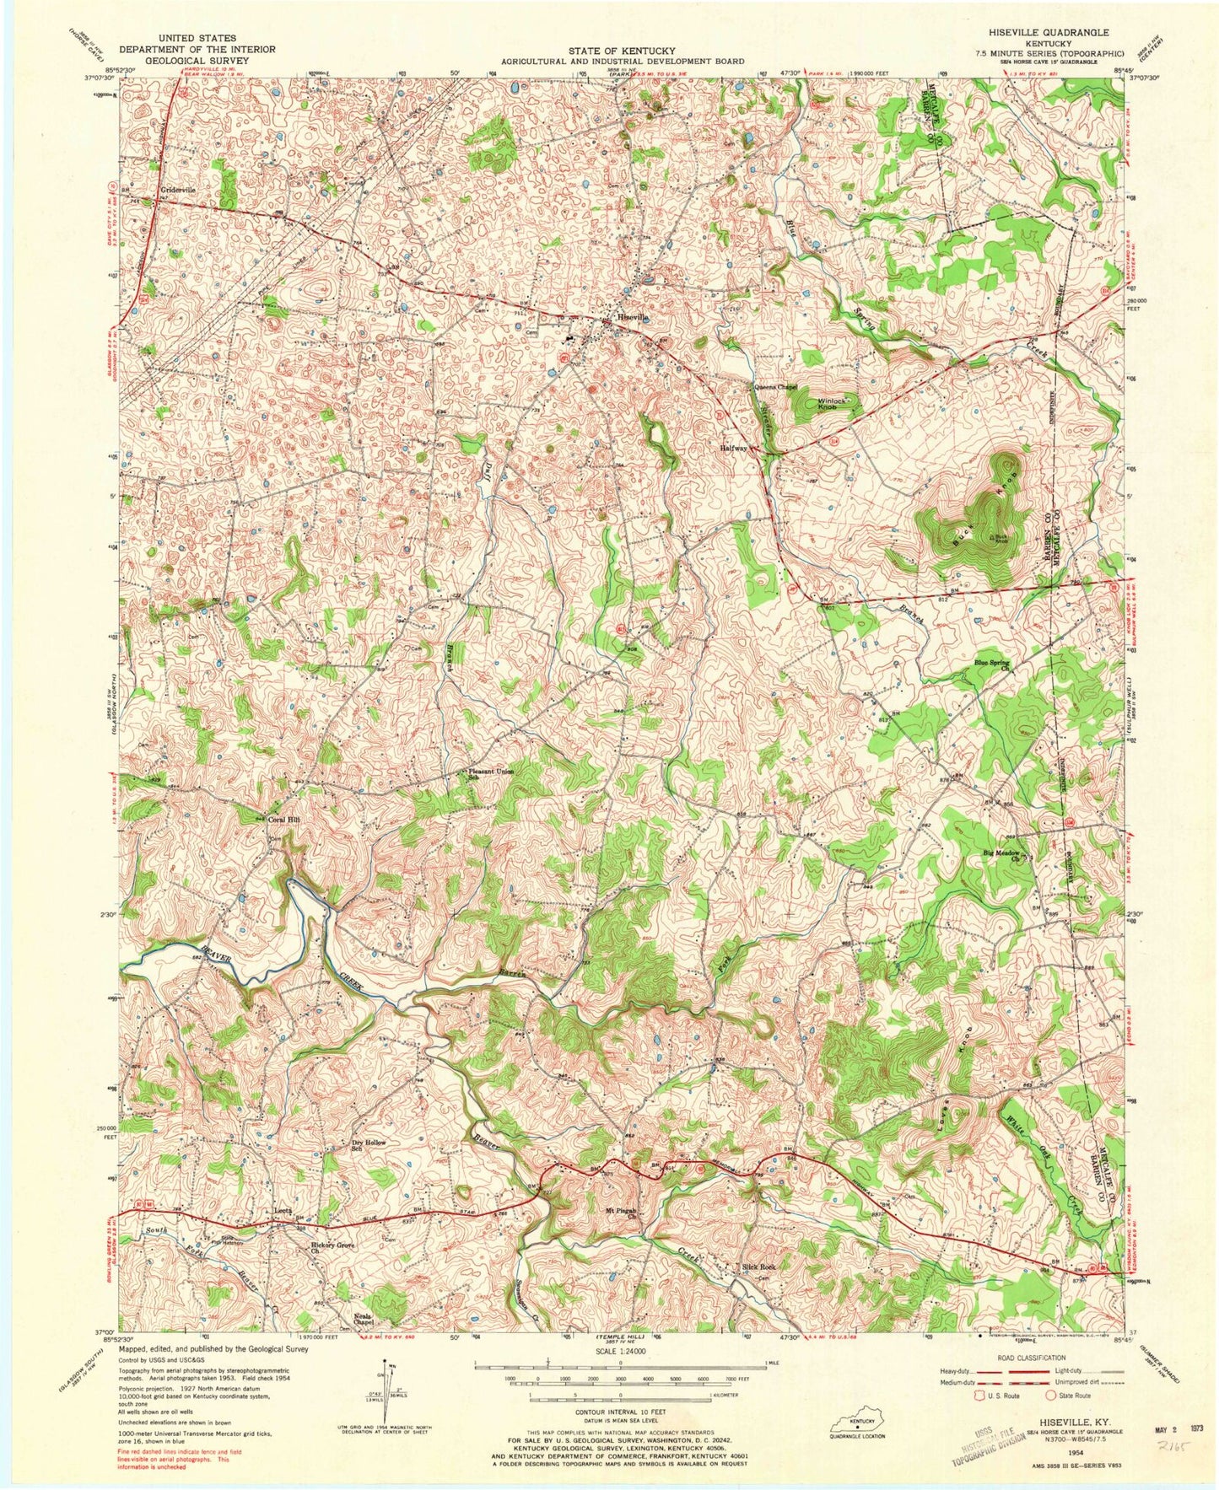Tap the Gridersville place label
click(x=178, y=191)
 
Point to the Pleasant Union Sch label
click(x=489, y=775)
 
